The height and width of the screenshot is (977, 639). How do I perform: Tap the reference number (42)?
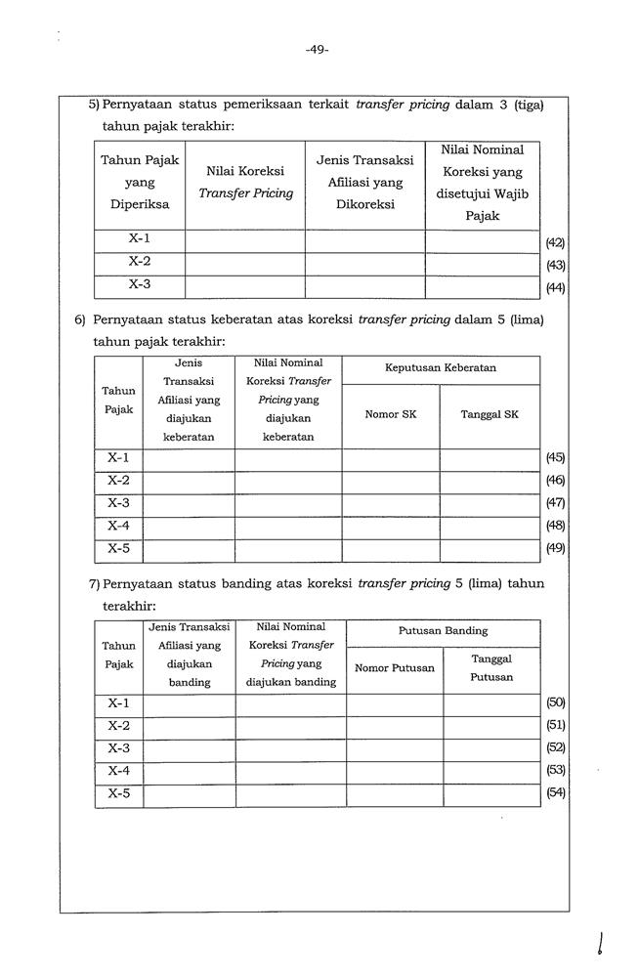tap(555, 242)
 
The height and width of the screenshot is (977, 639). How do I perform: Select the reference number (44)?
tap(555, 287)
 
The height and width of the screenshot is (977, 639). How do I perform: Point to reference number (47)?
tap(555, 503)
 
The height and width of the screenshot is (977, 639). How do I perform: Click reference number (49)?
tap(555, 548)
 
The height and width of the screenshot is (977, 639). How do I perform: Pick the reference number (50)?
tap(555, 702)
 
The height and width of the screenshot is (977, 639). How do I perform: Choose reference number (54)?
tap(555, 792)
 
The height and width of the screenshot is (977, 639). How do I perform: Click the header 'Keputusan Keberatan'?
tap(440, 368)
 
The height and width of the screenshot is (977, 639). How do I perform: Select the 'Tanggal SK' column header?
tap(490, 414)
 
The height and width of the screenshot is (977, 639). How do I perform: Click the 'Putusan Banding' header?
tap(443, 631)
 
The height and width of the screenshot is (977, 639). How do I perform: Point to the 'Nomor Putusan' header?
tap(394, 668)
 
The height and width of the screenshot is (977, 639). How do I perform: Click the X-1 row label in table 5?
tap(139, 238)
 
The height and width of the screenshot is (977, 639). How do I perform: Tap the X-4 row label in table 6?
tap(118, 526)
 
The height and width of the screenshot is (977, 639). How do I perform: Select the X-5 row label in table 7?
tap(119, 792)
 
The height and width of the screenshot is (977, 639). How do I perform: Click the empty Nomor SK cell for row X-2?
tap(390, 481)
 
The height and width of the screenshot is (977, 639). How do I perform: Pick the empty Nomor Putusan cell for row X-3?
tap(394, 748)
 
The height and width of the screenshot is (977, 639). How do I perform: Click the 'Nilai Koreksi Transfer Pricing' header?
tap(245, 182)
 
